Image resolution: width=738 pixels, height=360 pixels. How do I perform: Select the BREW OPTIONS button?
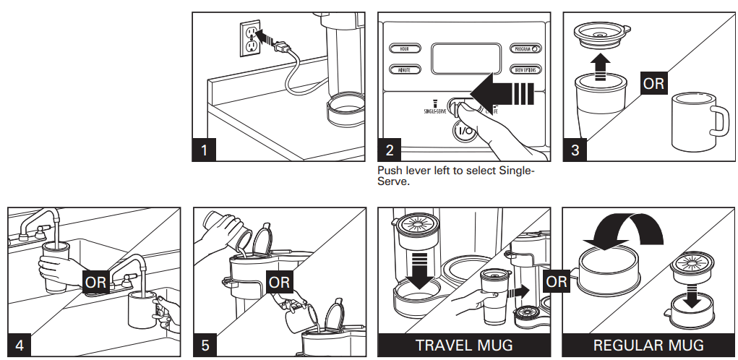526,70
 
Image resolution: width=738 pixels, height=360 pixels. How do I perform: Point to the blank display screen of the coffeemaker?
463,59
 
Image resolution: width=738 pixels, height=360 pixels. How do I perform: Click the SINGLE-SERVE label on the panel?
435,110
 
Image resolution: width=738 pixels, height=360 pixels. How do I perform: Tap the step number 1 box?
205,150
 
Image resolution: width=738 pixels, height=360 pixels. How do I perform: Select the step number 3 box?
575,150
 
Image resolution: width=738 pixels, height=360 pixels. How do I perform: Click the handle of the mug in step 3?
720,120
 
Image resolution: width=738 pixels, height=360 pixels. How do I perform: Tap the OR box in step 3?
653,83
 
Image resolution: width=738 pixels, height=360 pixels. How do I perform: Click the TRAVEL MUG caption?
463,346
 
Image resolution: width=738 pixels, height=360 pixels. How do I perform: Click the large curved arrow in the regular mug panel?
628,232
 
